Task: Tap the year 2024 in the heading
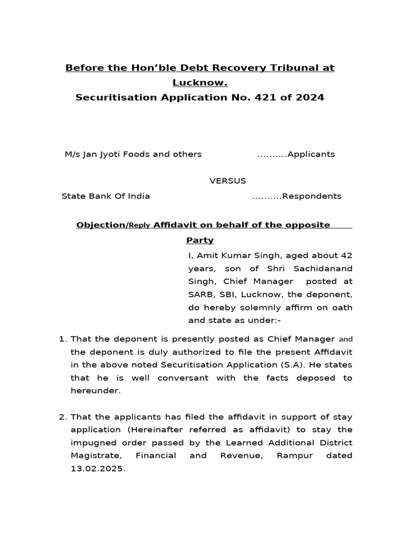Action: (x=308, y=97)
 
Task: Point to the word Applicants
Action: (x=311, y=154)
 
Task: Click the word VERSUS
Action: (x=228, y=181)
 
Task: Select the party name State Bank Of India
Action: (x=106, y=196)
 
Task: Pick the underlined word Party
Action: (x=200, y=240)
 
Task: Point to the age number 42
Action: (x=346, y=256)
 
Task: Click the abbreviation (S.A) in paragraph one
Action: (x=301, y=365)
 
